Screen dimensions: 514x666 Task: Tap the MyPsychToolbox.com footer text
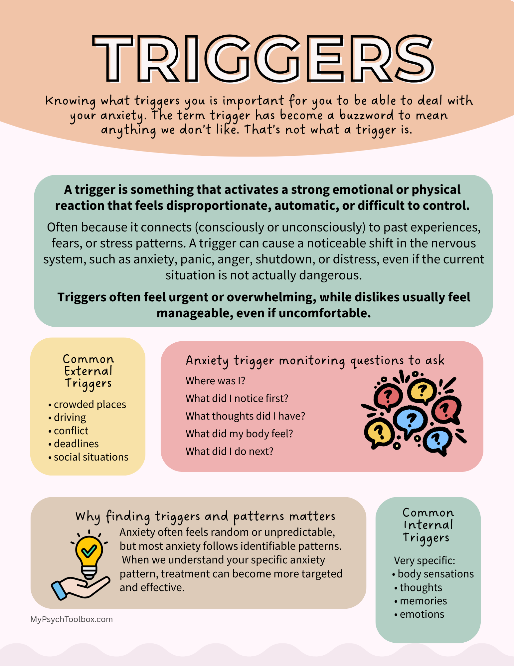click(x=72, y=619)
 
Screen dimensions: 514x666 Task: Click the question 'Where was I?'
click(x=215, y=381)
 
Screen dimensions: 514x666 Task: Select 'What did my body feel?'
click(x=239, y=434)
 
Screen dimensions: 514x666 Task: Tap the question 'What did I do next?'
click(x=229, y=451)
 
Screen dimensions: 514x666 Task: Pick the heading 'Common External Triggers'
click(x=88, y=371)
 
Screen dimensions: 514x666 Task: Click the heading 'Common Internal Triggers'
click(x=428, y=525)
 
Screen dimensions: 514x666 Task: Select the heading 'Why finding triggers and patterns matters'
click(x=205, y=516)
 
